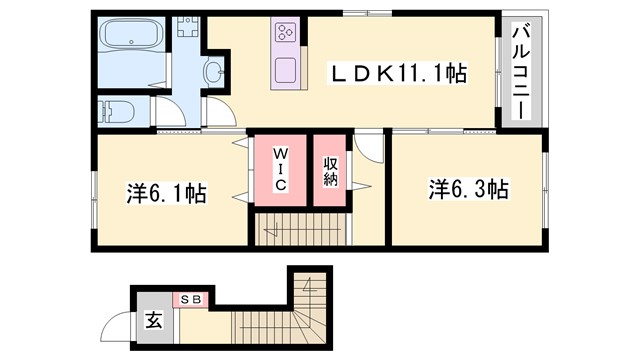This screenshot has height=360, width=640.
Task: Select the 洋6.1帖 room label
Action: [x=166, y=191]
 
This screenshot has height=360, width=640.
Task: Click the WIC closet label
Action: [x=281, y=170]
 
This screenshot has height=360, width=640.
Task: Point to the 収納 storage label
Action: [x=330, y=171]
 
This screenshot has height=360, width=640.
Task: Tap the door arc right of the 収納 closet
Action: [x=369, y=150]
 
